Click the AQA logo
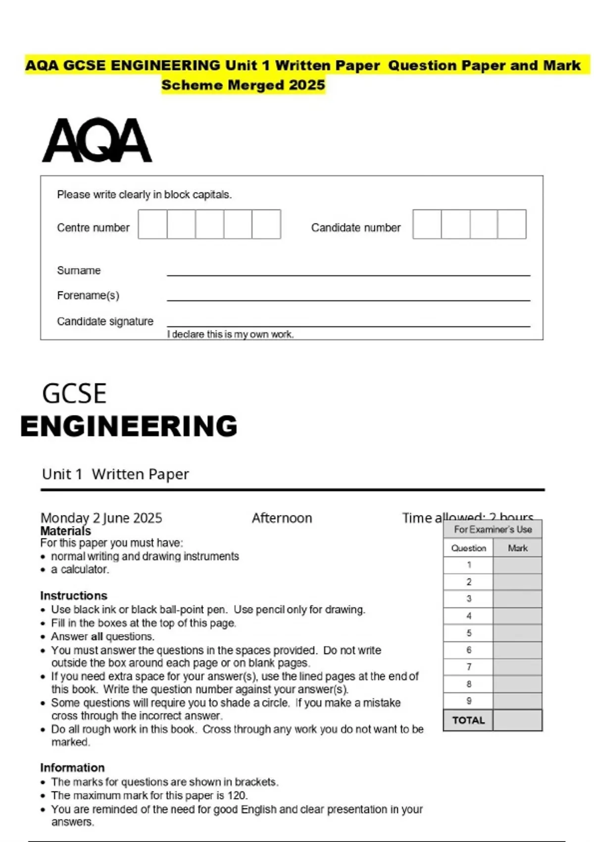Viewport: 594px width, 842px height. click(97, 140)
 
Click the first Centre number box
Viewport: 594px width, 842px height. click(152, 224)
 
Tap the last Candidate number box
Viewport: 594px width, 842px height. click(512, 224)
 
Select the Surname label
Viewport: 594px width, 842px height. click(79, 270)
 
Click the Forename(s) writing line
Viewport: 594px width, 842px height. click(348, 299)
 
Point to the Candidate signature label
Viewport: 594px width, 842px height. click(105, 321)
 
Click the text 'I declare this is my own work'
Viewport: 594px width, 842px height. click(230, 334)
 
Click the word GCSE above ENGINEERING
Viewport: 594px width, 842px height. click(74, 394)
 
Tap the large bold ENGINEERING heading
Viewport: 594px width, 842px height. click(129, 426)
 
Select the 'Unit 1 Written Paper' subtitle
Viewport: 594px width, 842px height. click(115, 474)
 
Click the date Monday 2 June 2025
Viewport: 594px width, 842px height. click(101, 518)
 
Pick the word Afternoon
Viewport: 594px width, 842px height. click(282, 518)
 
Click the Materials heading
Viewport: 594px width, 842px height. click(65, 531)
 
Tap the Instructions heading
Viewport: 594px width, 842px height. click(74, 595)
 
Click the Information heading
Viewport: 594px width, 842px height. click(72, 767)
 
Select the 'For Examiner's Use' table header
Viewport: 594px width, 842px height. click(493, 529)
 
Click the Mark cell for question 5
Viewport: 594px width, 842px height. click(517, 633)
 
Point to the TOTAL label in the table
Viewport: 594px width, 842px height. click(468, 720)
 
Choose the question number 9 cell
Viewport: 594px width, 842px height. click(468, 701)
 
